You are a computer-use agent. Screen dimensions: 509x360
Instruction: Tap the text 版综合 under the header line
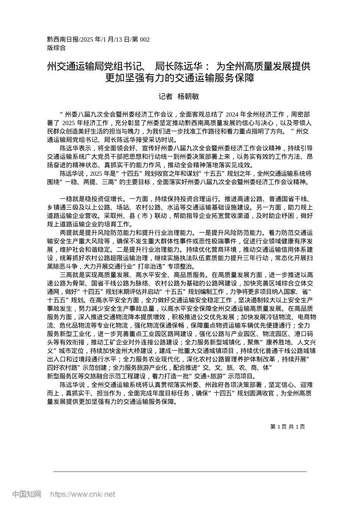point(56,48)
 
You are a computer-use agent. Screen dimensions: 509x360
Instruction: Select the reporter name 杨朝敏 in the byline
point(188,97)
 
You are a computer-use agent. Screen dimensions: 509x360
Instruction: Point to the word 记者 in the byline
point(165,97)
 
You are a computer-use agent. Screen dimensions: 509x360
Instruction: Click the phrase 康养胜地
point(275,342)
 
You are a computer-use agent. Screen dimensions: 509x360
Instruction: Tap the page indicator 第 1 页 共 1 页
point(288,426)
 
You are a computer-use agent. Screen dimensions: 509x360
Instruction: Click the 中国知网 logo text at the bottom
point(27,494)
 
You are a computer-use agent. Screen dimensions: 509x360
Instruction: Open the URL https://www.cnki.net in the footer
point(83,494)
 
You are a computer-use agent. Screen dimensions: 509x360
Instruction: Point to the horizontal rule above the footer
point(180,471)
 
